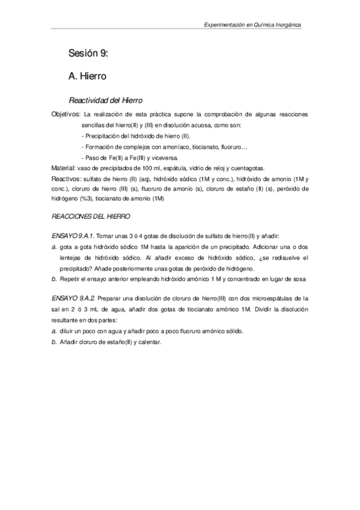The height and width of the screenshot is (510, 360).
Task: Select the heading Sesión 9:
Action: (x=88, y=54)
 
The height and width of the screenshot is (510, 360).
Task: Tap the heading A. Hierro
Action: (x=88, y=77)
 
